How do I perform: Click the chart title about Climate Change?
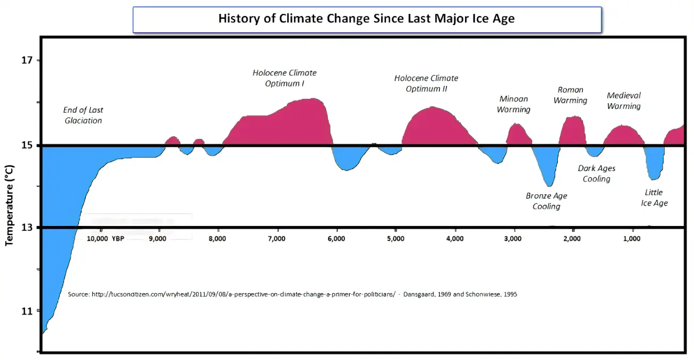pyautogui.click(x=366, y=19)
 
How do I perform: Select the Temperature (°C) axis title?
pyautogui.click(x=9, y=205)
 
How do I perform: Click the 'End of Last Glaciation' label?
pyautogui.click(x=83, y=115)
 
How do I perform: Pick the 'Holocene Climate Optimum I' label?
pyautogui.click(x=285, y=78)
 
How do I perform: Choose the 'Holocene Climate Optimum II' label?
pyautogui.click(x=426, y=83)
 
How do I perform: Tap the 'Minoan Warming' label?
pyautogui.click(x=514, y=104)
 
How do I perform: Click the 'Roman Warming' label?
pyautogui.click(x=570, y=95)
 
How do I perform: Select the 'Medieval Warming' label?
pyautogui.click(x=624, y=100)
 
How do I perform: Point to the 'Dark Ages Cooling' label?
pyautogui.click(x=596, y=174)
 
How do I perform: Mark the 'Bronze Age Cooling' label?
pyautogui.click(x=546, y=201)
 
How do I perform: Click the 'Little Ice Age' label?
pyautogui.click(x=654, y=198)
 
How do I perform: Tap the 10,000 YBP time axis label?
pyautogui.click(x=105, y=238)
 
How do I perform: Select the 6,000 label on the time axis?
pyautogui.click(x=336, y=238)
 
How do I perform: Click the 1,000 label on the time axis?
pyautogui.click(x=632, y=238)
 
